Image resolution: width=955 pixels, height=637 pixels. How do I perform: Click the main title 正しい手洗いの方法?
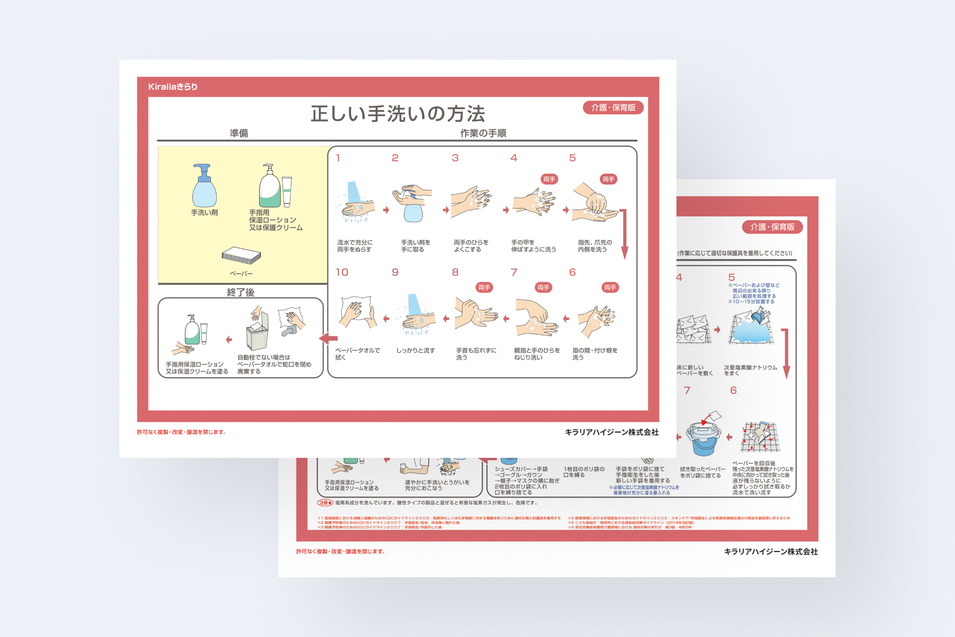coord(398,114)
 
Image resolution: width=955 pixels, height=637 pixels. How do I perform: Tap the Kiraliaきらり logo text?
coord(173,87)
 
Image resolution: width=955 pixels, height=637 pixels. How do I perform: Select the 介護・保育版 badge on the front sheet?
coord(613,107)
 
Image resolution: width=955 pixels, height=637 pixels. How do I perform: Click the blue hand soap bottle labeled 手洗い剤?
coord(204,187)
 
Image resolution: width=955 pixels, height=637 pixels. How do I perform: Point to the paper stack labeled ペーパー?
coord(241,255)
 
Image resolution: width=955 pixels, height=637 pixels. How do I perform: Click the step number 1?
coord(338,158)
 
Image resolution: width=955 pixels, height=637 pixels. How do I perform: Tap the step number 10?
coord(342,272)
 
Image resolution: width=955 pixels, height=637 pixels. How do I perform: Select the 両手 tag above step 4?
coord(549,179)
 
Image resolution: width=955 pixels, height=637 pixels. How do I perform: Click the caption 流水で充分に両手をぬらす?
coord(355,246)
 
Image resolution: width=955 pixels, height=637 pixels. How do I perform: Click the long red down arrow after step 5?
coord(624,234)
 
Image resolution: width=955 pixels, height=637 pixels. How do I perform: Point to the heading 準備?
coord(239,133)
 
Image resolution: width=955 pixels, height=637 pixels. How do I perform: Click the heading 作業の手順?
coord(483,133)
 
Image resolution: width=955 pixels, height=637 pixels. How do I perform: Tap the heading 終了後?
coord(241,292)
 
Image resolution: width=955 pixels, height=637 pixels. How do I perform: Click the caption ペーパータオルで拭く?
coord(358,354)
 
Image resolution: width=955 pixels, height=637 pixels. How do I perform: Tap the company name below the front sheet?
coord(611,432)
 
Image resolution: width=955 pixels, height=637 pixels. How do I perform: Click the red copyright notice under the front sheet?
coord(182,432)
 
